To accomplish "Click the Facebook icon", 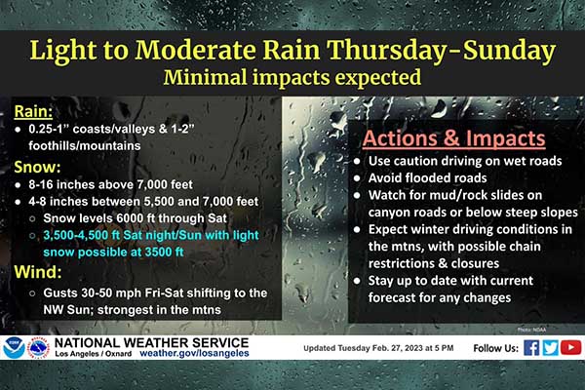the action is pyautogui.click(x=531, y=348).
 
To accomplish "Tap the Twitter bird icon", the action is pyautogui.click(x=550, y=348).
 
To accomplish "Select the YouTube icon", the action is pyautogui.click(x=570, y=348).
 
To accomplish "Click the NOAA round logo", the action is pyautogui.click(x=14, y=348).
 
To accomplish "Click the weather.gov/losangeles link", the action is pyautogui.click(x=194, y=353).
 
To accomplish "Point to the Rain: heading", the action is pyautogui.click(x=33, y=111).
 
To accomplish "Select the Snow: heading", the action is pyautogui.click(x=37, y=167).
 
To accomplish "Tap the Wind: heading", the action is pyautogui.click(x=38, y=272).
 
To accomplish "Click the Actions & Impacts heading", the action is pyautogui.click(x=453, y=138).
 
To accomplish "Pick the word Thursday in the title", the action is pyautogui.click(x=386, y=50).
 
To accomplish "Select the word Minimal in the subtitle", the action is pyautogui.click(x=205, y=78).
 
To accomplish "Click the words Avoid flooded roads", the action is pyautogui.click(x=428, y=178).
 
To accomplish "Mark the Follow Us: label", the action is pyautogui.click(x=496, y=348).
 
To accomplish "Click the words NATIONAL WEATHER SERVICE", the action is pyautogui.click(x=151, y=342).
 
